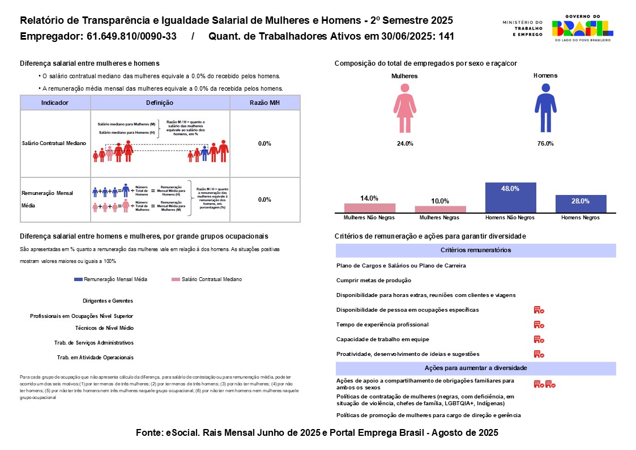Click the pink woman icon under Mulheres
click(404, 108)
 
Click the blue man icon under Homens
click(545, 108)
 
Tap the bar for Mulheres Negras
click(440, 209)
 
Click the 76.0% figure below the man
click(545, 144)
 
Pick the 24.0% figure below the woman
click(405, 144)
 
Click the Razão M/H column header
click(264, 103)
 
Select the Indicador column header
click(55, 103)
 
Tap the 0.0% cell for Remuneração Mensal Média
click(264, 199)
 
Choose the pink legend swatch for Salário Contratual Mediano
click(176, 279)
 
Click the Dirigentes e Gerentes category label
click(108, 301)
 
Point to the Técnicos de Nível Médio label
click(104, 328)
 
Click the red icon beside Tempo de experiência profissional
click(539, 325)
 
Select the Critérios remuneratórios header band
click(476, 250)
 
